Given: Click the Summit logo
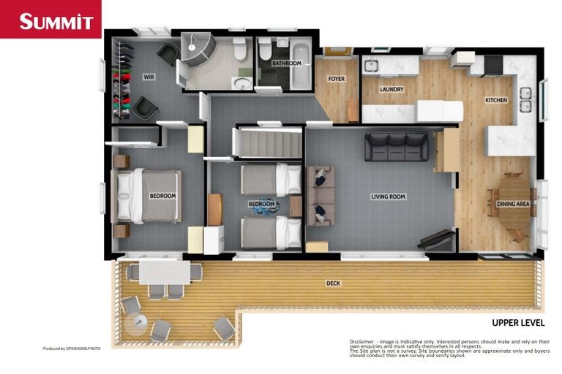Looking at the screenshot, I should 50,20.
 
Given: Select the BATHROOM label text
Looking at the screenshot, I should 286,64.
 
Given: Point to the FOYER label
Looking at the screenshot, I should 336,79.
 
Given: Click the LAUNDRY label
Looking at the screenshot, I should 391,90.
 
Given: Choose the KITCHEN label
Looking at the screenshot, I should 496,100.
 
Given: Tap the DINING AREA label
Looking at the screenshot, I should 513,205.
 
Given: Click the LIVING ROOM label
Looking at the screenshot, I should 388,196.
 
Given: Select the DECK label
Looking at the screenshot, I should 333,283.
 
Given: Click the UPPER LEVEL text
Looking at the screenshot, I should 518,322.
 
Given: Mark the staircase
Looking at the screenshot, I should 267,143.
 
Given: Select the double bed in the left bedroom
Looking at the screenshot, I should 150,196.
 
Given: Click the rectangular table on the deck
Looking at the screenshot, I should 165,272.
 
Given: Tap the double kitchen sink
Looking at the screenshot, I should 525,100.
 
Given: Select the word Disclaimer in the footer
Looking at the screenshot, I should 361,341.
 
